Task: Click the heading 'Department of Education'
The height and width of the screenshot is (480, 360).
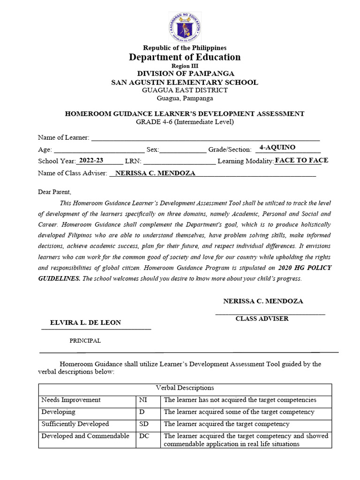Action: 185,57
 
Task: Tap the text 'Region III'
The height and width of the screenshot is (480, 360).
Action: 185,67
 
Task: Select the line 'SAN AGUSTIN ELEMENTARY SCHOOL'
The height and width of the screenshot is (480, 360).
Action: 184,82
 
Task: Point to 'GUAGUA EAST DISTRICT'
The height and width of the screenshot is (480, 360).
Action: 185,90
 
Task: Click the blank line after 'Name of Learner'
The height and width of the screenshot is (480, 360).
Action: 205,137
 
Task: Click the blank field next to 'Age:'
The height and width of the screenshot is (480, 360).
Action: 99,150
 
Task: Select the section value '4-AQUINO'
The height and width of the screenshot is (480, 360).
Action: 277,147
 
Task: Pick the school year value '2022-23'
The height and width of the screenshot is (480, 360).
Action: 91,160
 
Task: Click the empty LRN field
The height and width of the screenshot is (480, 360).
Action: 179,162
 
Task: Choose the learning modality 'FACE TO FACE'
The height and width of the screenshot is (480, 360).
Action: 301,160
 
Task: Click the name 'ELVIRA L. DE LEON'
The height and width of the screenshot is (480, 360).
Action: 85,322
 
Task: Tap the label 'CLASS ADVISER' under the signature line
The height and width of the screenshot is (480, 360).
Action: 262,319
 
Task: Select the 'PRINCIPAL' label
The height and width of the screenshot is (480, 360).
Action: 85,341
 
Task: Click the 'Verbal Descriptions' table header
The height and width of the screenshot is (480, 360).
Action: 185,388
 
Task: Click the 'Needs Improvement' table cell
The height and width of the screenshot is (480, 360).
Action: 71,400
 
